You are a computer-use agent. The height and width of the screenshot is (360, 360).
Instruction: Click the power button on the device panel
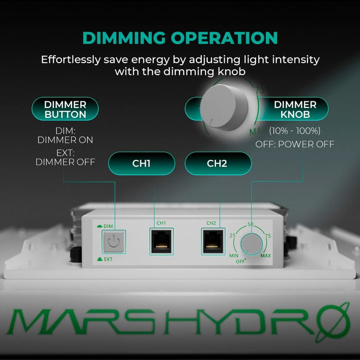tap(114, 241)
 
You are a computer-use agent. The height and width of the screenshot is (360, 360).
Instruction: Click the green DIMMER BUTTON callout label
tap(65, 109)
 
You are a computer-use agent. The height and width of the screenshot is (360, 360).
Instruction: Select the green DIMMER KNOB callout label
tap(295, 109)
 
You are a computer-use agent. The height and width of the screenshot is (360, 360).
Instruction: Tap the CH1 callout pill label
tap(141, 164)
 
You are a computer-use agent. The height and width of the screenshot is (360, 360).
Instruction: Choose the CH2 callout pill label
tap(218, 164)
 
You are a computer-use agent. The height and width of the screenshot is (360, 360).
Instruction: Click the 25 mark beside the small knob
tap(232, 236)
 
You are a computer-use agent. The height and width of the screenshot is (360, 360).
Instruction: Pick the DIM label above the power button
tap(108, 226)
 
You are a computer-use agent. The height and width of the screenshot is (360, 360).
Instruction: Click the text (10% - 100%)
tap(295, 131)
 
